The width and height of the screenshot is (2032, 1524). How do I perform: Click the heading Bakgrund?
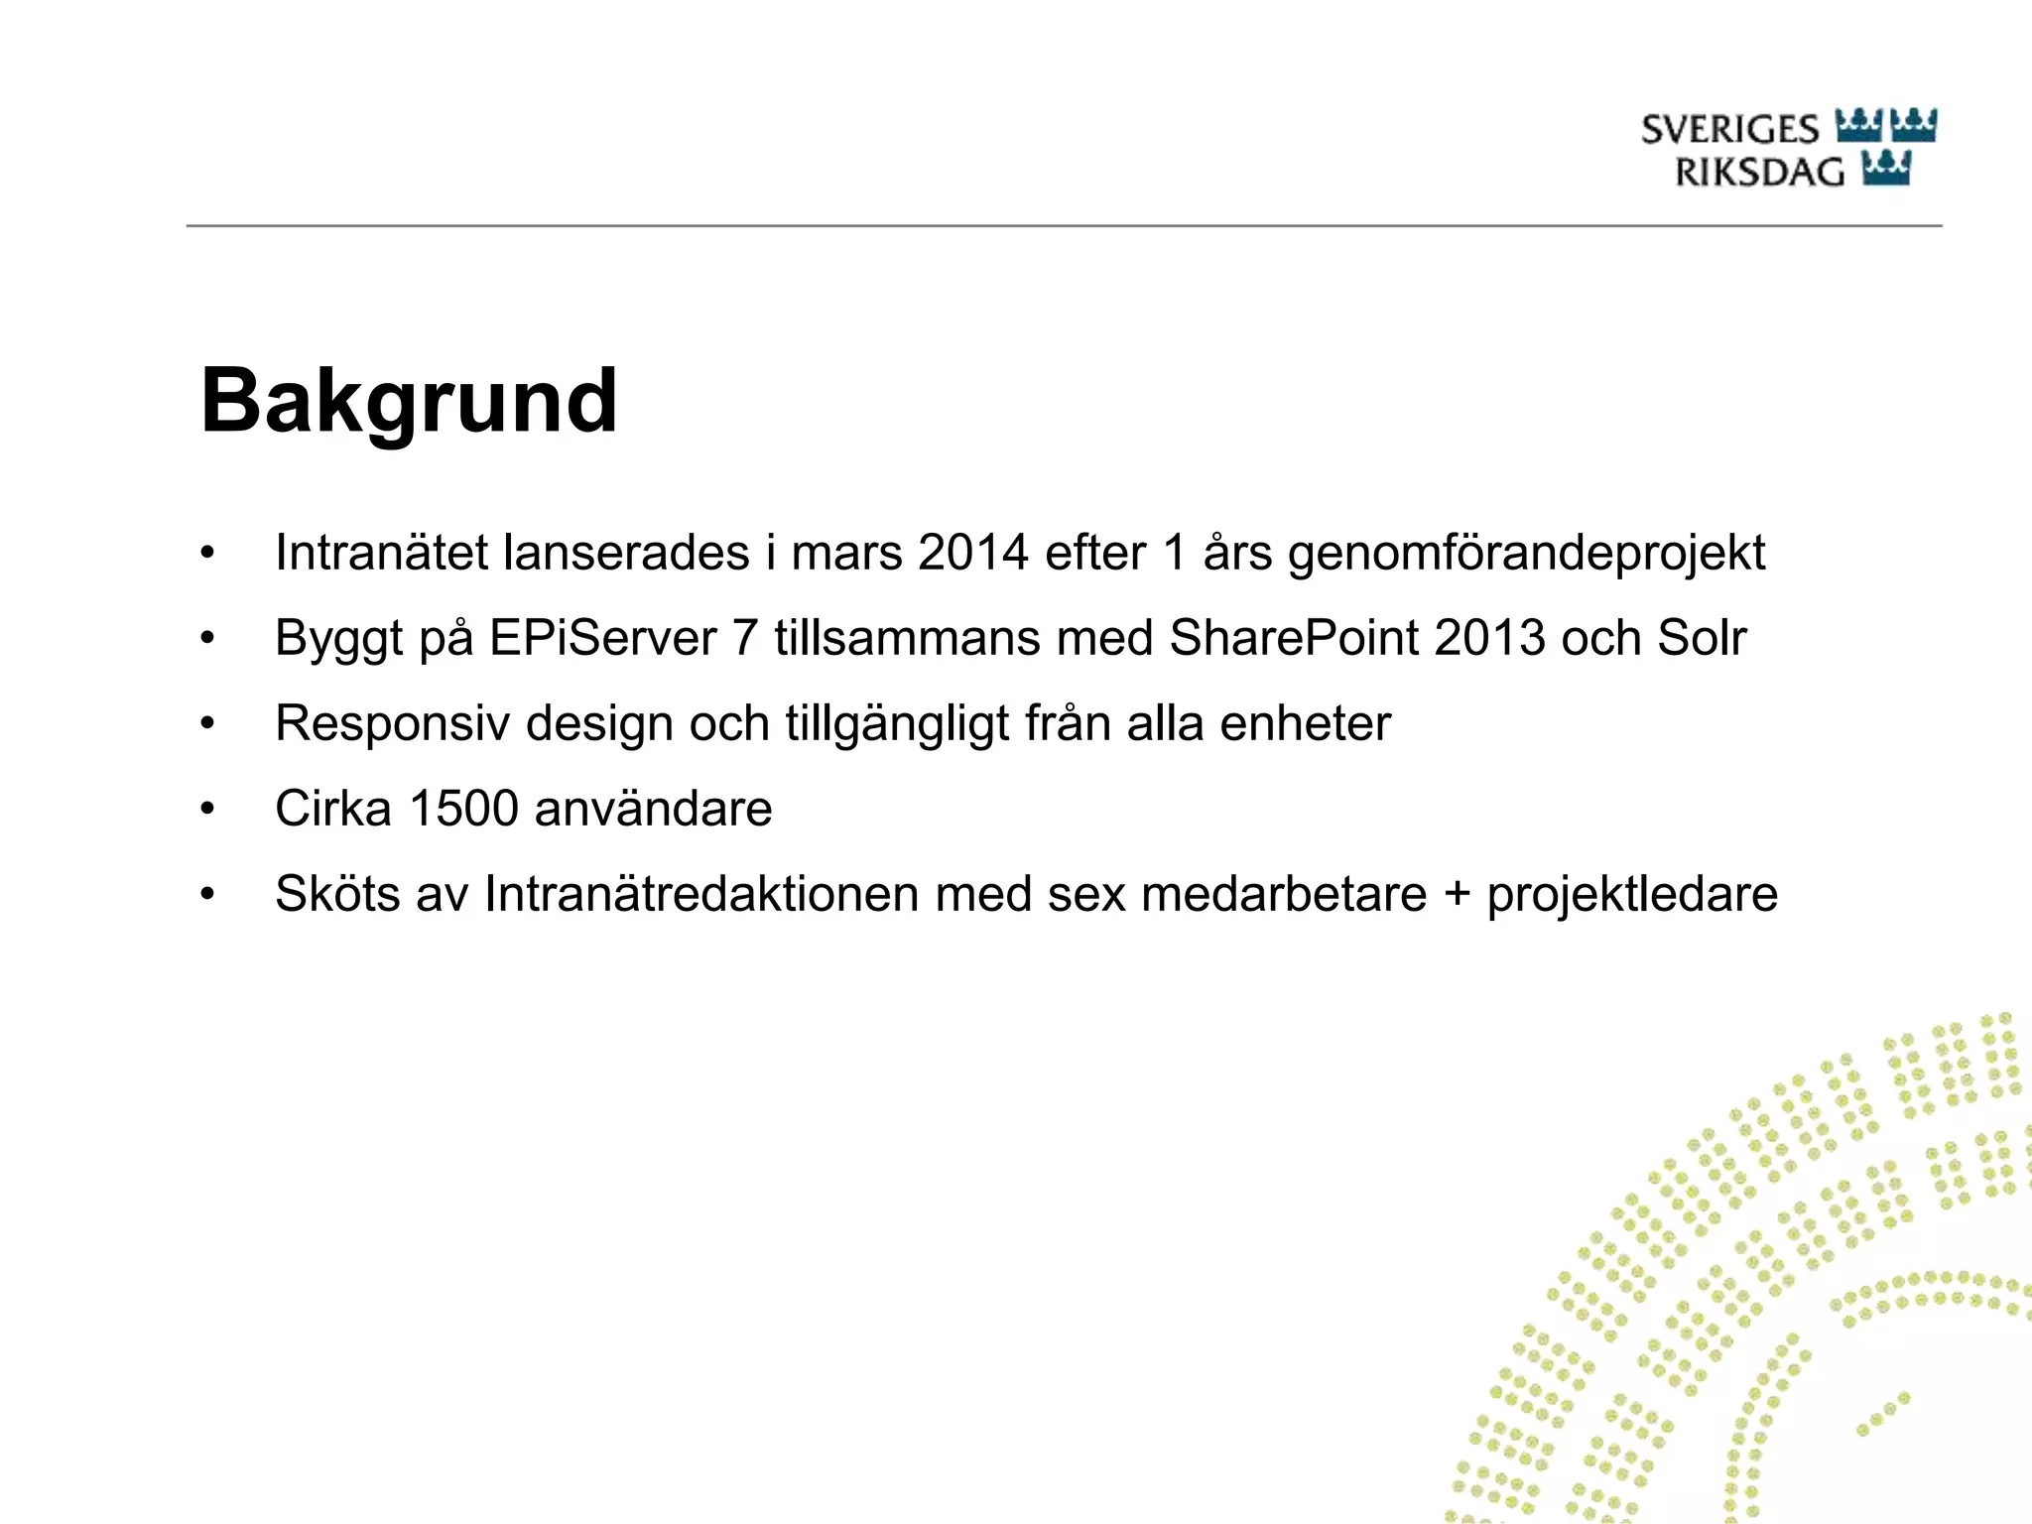click(x=409, y=402)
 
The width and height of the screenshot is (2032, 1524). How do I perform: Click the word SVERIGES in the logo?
click(x=1729, y=130)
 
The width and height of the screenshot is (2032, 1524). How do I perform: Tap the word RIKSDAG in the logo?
click(x=1759, y=173)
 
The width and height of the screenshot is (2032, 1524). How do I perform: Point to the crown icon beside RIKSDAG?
click(x=1886, y=170)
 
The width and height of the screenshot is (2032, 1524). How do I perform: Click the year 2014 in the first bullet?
click(x=972, y=553)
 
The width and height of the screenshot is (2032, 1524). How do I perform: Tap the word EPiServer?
click(x=602, y=638)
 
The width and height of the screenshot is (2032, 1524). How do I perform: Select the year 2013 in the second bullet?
click(x=1489, y=638)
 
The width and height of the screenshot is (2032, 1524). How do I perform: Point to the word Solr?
click(x=1701, y=638)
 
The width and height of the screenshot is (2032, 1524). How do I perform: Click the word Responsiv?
click(x=393, y=723)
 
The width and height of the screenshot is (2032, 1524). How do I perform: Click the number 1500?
click(x=463, y=809)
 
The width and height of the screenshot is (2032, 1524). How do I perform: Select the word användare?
click(x=653, y=809)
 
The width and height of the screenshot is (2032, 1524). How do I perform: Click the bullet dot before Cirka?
click(x=206, y=810)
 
